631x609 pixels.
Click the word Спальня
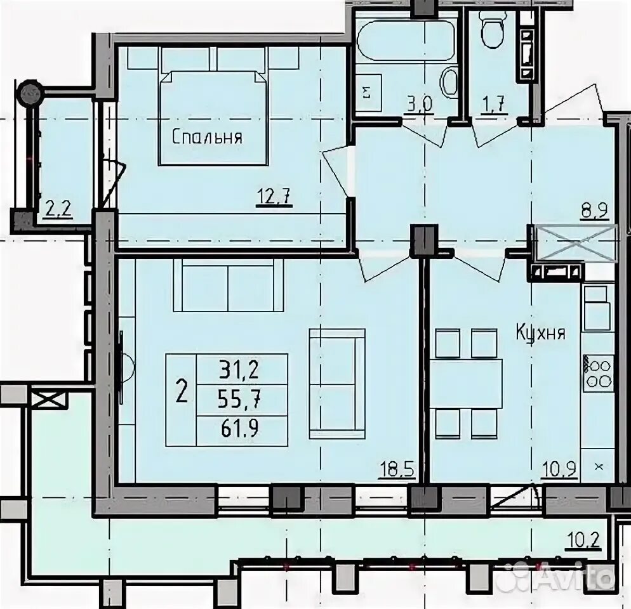[207, 138]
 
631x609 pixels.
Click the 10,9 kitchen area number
[559, 469]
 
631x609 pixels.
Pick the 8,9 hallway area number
[594, 211]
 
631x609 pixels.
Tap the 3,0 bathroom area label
[419, 105]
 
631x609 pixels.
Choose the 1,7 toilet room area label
[492, 105]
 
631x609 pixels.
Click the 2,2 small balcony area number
[58, 209]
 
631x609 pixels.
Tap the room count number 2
[182, 392]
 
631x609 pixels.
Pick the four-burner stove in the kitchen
[597, 373]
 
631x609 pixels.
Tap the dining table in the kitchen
[465, 384]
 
